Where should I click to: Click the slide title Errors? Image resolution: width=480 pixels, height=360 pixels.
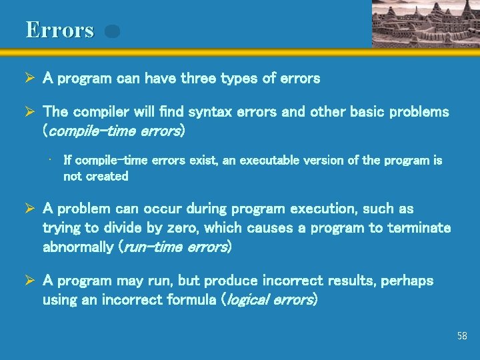point(60,30)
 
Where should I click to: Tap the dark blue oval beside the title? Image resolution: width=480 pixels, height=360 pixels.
point(112,31)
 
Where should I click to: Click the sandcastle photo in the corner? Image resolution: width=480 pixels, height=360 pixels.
point(425,23)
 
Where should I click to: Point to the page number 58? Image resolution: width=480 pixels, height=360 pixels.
point(462,336)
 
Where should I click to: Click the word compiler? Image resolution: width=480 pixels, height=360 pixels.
point(101,111)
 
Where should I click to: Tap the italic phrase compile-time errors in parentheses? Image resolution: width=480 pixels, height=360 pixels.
point(114,131)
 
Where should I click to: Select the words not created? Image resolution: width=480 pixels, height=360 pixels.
point(95,177)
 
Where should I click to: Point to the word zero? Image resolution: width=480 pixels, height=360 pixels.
point(181,228)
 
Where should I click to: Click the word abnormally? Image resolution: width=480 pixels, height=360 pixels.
point(77,247)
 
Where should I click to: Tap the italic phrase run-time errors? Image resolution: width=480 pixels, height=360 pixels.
point(174,247)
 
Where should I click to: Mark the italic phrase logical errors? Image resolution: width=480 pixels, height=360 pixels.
point(269,300)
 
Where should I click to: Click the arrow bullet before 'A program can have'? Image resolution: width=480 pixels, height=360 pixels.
point(31,79)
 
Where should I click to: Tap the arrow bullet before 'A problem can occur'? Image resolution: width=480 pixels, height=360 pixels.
point(31,209)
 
